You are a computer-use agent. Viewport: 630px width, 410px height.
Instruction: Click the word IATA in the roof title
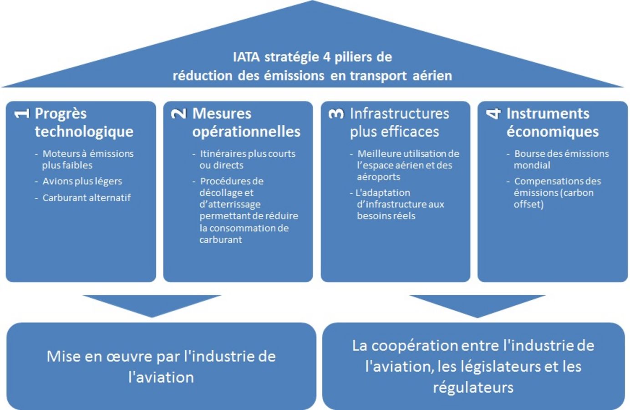click(x=246, y=57)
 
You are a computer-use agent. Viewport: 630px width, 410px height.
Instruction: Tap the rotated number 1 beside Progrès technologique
click(x=22, y=114)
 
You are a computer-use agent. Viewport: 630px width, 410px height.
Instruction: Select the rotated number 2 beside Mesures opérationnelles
click(x=179, y=114)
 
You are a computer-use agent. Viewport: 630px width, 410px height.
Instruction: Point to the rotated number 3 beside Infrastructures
click(x=336, y=114)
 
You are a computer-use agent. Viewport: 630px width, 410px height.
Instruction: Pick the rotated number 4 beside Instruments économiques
click(x=493, y=114)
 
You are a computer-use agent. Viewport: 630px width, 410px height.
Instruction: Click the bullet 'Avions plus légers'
click(x=82, y=181)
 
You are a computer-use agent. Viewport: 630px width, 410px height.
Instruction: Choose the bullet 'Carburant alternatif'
click(x=86, y=198)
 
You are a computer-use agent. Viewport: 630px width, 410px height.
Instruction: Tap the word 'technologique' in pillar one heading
click(x=84, y=132)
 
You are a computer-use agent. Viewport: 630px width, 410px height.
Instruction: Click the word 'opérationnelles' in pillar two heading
click(x=246, y=132)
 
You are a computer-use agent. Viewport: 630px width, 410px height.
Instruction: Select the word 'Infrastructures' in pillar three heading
click(x=399, y=114)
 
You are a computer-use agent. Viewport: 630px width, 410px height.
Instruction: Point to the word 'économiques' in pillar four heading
click(x=553, y=132)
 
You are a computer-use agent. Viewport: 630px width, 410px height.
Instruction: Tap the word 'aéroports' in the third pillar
click(x=378, y=177)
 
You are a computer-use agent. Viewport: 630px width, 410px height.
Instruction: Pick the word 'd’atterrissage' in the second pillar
click(x=230, y=204)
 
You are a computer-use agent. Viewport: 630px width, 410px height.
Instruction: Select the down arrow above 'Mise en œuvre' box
click(x=152, y=306)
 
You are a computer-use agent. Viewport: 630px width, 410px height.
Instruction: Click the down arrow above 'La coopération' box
click(x=478, y=306)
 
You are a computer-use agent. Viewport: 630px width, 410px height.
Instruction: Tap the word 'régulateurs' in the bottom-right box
click(x=473, y=388)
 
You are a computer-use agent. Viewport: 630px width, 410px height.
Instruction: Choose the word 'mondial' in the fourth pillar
click(x=532, y=165)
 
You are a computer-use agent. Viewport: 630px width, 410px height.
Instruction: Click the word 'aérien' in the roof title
click(x=432, y=76)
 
